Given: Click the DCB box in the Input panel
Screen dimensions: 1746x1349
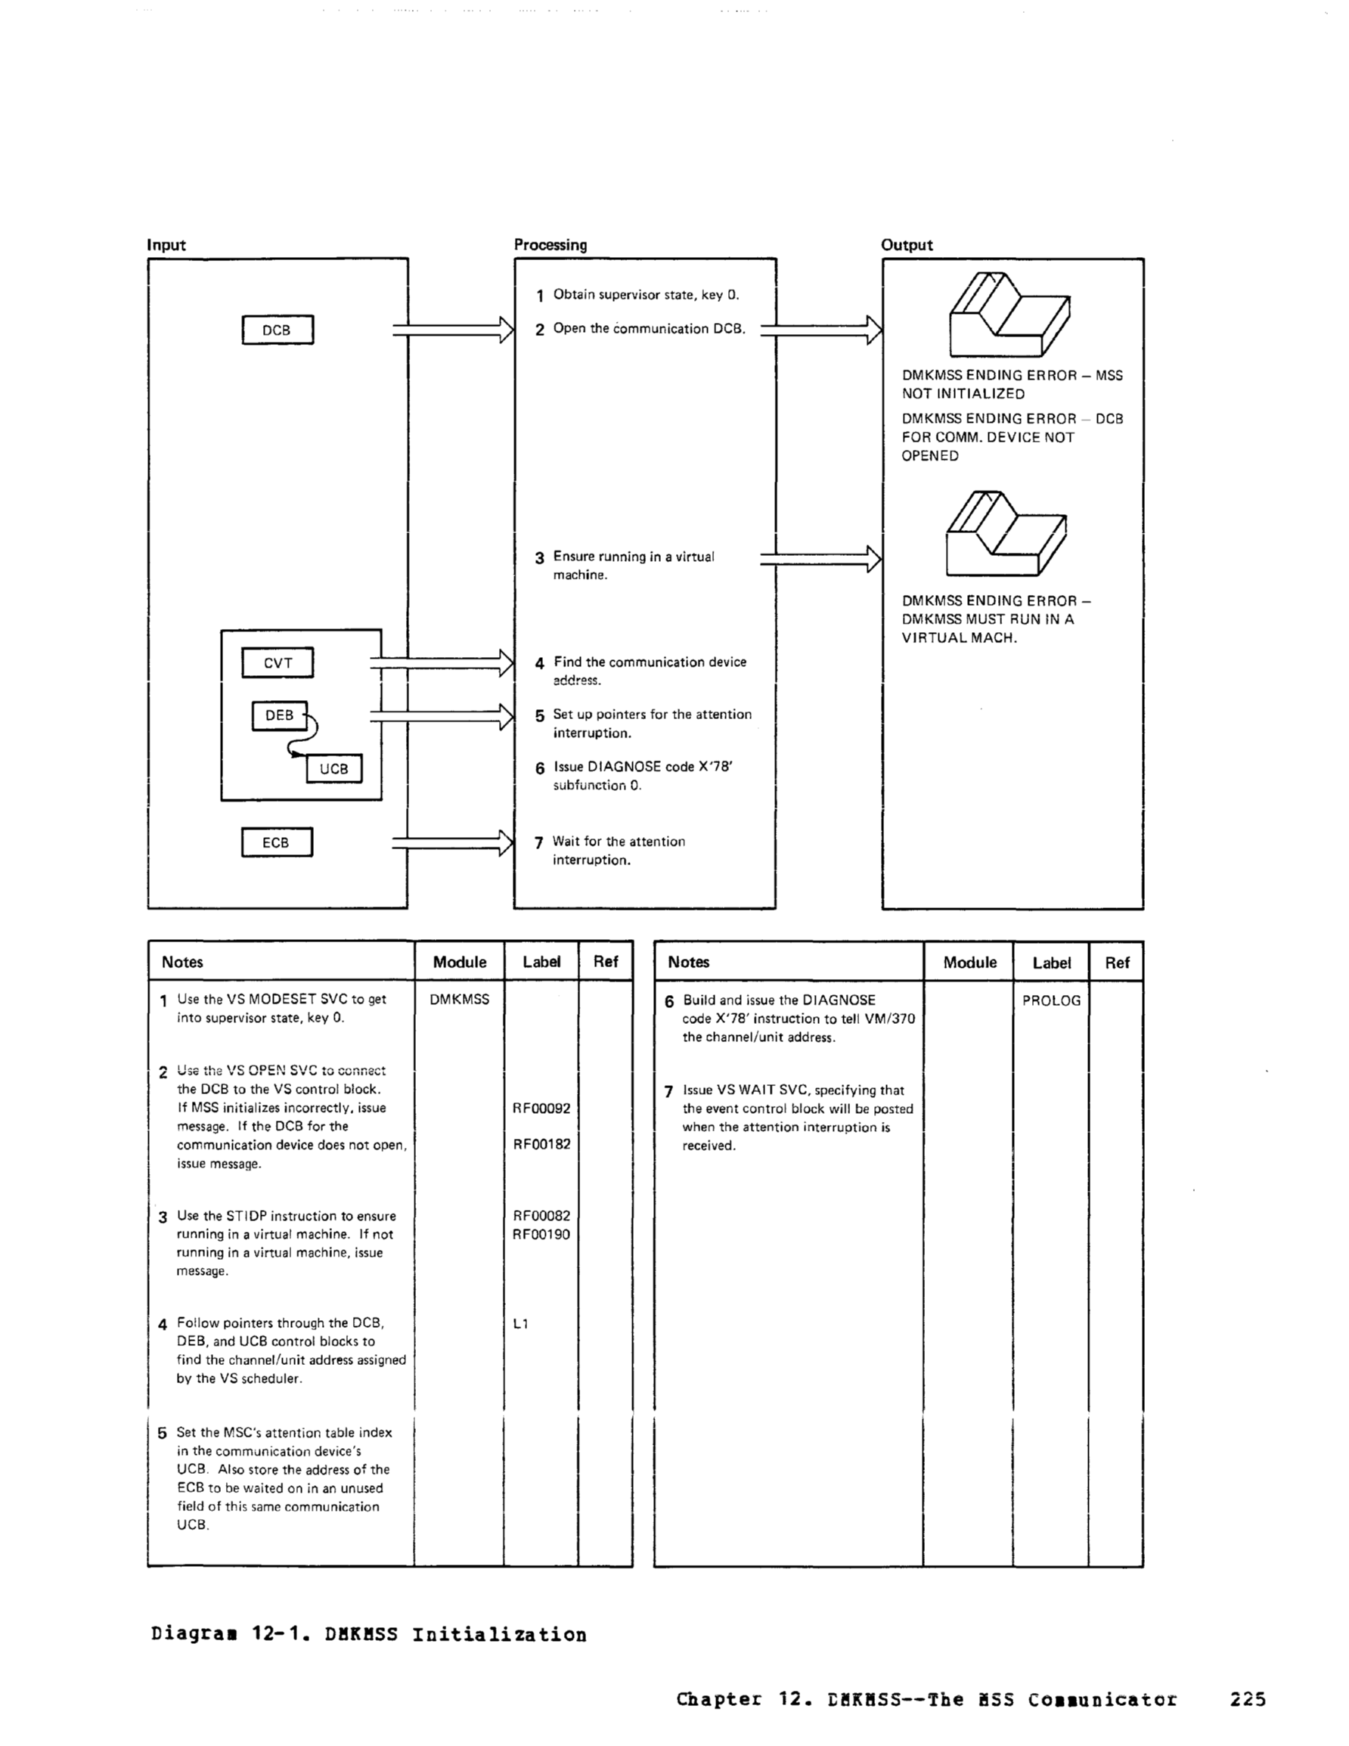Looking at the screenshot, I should point(278,330).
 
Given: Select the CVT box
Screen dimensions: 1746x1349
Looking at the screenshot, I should point(278,662).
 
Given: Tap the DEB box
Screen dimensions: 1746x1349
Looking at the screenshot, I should point(279,715).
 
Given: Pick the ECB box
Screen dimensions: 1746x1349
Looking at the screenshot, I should point(277,842).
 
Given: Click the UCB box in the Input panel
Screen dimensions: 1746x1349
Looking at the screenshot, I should point(334,769).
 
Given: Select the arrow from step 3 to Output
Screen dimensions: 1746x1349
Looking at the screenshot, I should point(820,558).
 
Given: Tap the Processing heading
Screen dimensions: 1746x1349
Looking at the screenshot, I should point(550,246).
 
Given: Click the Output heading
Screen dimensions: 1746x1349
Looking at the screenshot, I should point(906,246).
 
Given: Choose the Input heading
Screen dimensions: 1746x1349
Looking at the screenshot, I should point(166,246).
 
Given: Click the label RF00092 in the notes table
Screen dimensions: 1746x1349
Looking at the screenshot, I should point(541,1109).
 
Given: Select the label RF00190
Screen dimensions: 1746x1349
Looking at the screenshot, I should point(541,1234).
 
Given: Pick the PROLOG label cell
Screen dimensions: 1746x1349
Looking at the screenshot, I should point(1051,1001).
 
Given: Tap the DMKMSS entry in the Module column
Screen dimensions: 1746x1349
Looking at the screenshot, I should point(459,1000).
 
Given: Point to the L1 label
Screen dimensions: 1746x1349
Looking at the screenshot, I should point(520,1324).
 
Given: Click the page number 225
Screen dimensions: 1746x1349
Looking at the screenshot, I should point(1248,1700).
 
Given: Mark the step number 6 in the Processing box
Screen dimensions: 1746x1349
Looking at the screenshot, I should point(540,768).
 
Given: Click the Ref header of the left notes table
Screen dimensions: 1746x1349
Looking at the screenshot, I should point(606,962).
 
